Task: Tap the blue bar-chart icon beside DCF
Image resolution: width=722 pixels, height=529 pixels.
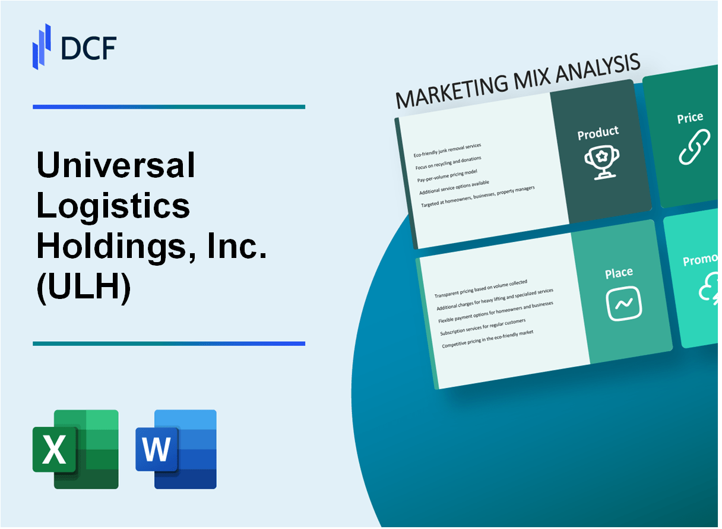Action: tap(42, 46)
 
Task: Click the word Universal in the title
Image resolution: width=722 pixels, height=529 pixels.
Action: tap(116, 165)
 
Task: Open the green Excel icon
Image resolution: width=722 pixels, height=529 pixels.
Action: tap(75, 449)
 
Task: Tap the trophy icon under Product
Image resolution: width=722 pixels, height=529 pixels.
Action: tap(601, 161)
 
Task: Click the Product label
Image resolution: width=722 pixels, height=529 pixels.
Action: tap(598, 134)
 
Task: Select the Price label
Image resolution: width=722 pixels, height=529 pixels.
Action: tap(690, 118)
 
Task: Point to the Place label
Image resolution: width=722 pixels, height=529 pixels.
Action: tap(619, 273)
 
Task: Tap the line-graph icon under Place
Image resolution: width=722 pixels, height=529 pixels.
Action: tap(623, 303)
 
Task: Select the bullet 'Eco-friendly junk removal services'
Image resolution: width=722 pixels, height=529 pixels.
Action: tap(447, 150)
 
